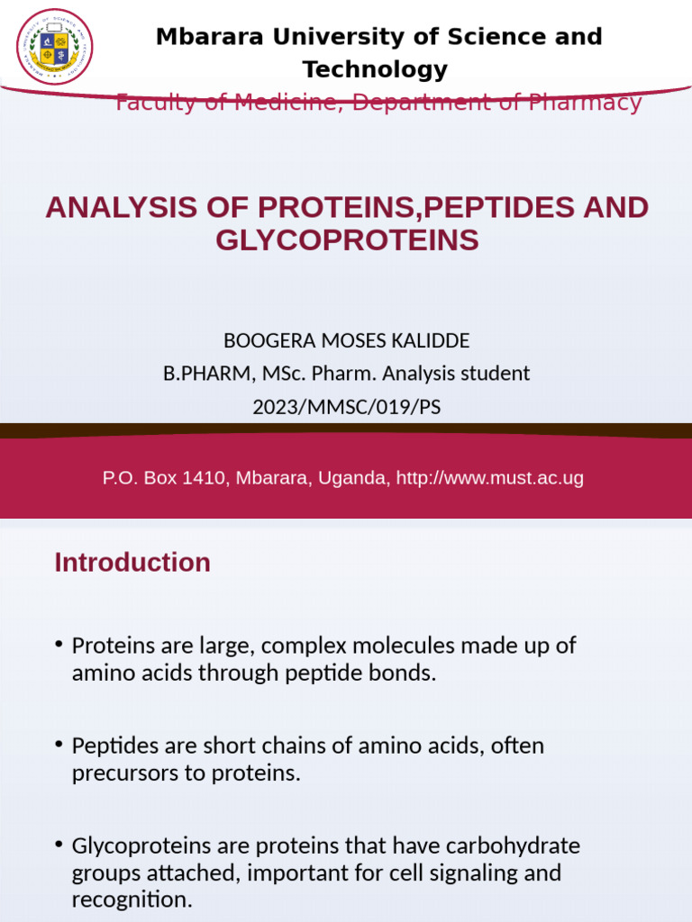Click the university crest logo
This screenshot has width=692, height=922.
point(55,47)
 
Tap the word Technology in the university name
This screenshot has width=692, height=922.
point(375,69)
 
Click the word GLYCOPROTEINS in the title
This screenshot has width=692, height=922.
point(347,240)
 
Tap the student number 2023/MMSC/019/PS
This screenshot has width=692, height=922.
point(347,406)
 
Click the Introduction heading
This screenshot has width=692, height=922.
point(132,563)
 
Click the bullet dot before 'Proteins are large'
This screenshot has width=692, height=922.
point(59,645)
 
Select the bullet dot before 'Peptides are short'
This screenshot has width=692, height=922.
point(59,745)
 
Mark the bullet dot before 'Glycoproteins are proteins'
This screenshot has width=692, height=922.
point(59,845)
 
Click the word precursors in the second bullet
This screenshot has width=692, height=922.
point(122,773)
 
